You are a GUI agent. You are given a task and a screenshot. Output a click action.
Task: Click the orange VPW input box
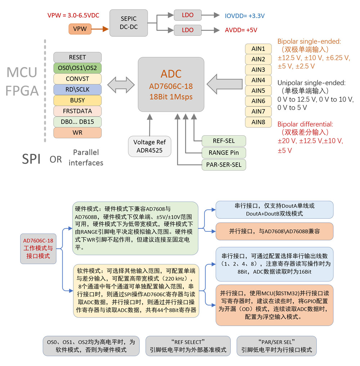[80, 29]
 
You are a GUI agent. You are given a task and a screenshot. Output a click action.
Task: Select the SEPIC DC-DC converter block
[129, 23]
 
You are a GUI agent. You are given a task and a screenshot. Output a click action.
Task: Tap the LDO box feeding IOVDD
[188, 15]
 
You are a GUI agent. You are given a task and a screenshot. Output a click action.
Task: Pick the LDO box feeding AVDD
[188, 30]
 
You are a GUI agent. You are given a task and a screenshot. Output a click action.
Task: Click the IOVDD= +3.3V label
[245, 15]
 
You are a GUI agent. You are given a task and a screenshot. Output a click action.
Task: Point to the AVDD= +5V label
[241, 30]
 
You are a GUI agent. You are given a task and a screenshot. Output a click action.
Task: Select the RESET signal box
[77, 58]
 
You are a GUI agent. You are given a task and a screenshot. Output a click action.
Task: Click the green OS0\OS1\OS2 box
[77, 68]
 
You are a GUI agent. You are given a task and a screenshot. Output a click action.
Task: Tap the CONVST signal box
[77, 79]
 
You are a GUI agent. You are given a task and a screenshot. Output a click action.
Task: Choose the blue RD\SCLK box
[77, 90]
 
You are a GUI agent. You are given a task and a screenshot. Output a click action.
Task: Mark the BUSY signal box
[77, 100]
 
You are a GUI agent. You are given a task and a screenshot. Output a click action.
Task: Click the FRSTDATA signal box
[77, 111]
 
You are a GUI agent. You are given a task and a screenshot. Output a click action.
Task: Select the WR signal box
[77, 132]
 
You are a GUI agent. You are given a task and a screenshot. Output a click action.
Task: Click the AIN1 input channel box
[258, 49]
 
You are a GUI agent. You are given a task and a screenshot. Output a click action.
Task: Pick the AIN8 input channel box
[258, 122]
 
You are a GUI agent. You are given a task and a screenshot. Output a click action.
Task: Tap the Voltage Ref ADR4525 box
[149, 146]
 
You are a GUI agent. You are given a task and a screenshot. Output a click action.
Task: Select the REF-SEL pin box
[224, 141]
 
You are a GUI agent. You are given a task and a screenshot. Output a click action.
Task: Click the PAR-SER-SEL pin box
[224, 165]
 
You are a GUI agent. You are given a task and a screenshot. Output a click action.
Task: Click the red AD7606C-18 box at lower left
[38, 248]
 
